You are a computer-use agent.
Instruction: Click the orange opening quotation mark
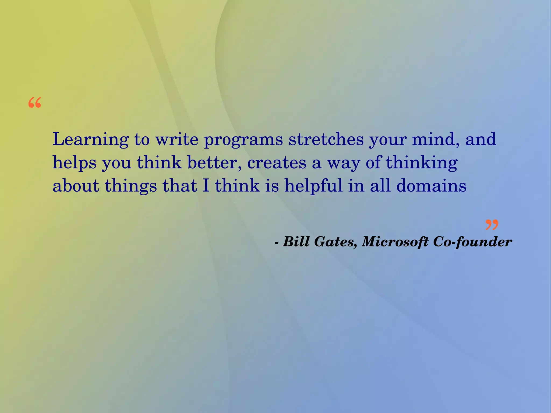pos(35,103)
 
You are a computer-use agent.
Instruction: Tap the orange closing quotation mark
pos(492,225)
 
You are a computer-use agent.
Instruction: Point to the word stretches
pos(326,139)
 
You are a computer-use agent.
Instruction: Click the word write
pos(177,139)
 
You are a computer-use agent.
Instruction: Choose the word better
pos(214,163)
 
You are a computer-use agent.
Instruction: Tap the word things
pos(131,186)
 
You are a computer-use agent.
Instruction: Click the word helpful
pos(313,186)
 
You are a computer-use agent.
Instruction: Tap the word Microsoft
pos(395,241)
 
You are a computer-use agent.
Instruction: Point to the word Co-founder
pos(472,241)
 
